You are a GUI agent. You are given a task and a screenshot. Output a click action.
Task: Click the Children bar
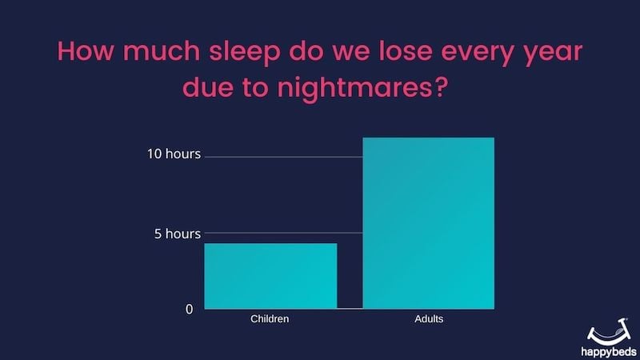coord(270,276)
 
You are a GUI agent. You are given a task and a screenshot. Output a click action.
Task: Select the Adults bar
coord(429,223)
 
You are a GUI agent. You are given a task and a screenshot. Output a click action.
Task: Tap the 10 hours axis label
coord(174,154)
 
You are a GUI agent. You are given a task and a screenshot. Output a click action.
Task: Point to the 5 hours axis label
coord(178,234)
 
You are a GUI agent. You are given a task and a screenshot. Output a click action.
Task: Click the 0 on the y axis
coord(190,310)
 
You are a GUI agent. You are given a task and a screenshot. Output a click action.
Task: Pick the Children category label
coord(270,318)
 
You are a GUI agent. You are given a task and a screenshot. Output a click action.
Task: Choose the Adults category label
coord(429,318)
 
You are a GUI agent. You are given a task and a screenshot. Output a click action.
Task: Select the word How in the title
coord(85,51)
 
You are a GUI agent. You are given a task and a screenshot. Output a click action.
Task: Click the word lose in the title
coord(406,51)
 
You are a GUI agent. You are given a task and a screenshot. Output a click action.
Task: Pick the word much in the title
coord(162,51)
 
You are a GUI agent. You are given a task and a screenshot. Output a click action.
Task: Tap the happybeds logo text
coord(609,351)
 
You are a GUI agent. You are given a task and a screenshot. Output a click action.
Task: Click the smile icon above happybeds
coord(609,332)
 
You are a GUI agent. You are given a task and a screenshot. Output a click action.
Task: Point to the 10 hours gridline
coord(284,157)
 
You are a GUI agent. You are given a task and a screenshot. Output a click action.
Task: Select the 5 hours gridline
coord(284,233)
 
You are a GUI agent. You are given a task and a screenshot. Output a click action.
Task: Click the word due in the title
coord(208,86)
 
